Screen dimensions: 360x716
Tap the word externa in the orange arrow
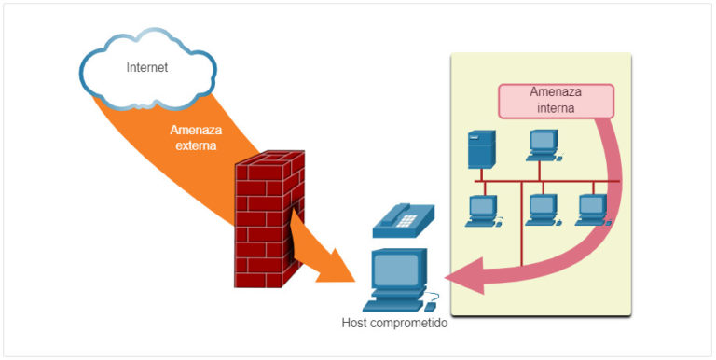coord(194,146)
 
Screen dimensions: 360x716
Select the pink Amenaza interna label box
coord(556,101)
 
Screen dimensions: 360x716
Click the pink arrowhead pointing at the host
coord(466,277)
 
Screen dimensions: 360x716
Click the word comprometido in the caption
coord(411,325)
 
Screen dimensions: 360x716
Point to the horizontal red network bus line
coord(559,181)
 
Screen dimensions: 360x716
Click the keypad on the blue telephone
coord(407,220)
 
